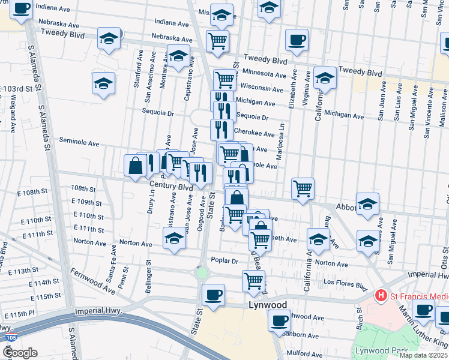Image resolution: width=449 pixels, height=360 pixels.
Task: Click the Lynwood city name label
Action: click(x=268, y=305)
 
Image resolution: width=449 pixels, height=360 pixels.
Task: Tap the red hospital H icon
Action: click(x=379, y=295)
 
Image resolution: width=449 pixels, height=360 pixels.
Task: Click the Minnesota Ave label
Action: click(x=264, y=74)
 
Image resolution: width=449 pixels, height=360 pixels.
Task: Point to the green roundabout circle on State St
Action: click(x=202, y=274)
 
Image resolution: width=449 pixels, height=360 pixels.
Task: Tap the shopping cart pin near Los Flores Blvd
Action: click(x=253, y=280)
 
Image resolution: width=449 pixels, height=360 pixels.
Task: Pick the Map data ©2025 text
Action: click(x=424, y=355)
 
